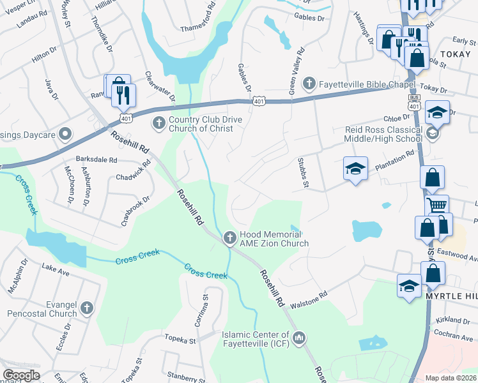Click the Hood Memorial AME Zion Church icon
[x=230, y=238]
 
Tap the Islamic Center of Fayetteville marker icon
[x=300, y=336]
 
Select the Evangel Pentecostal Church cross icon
[x=87, y=308]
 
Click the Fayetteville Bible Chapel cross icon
[x=309, y=83]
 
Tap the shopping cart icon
[x=437, y=206]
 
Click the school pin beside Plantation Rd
[x=355, y=169]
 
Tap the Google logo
[x=22, y=375]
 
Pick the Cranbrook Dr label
[x=135, y=211]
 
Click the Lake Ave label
[x=56, y=269]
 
